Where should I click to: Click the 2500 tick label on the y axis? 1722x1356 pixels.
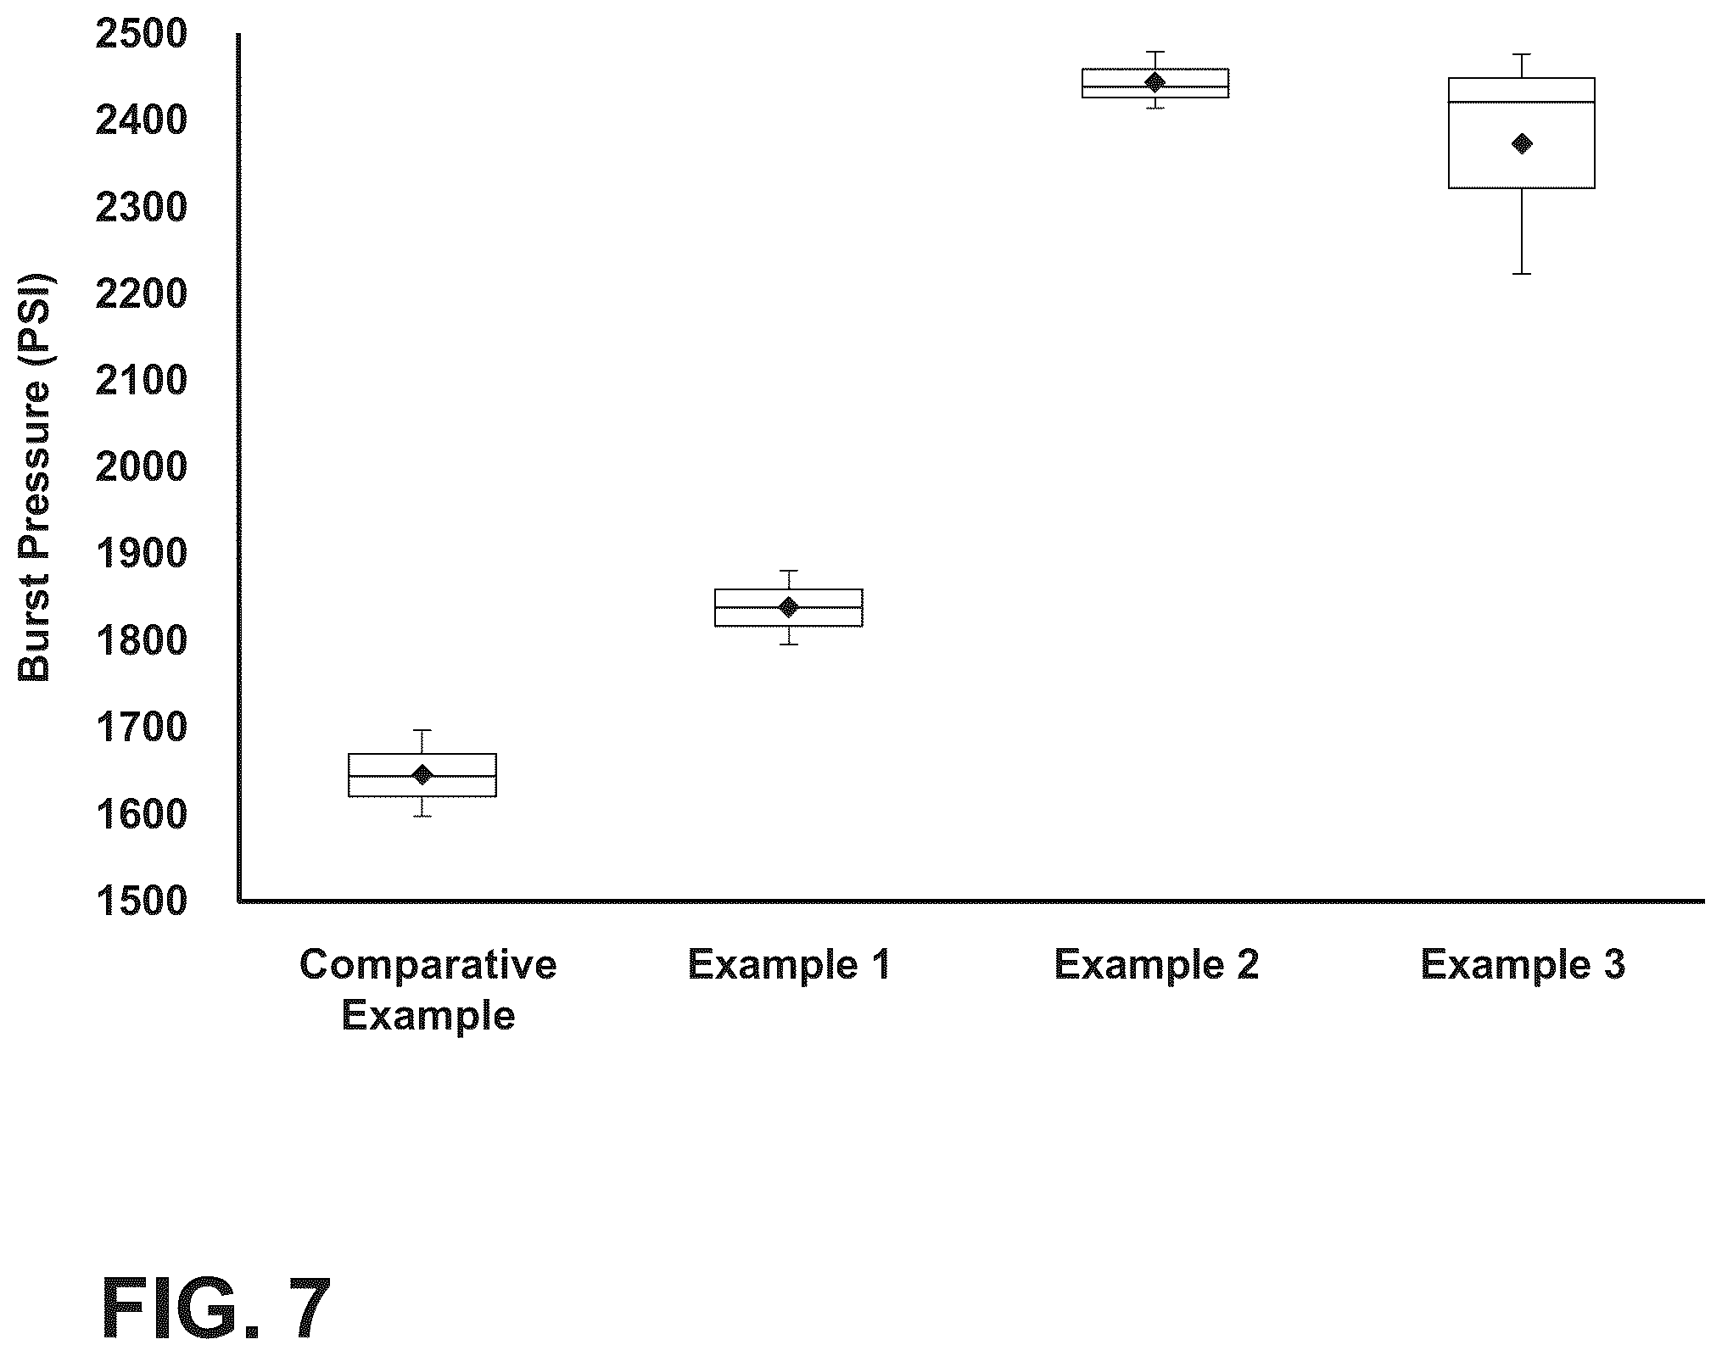[x=141, y=35]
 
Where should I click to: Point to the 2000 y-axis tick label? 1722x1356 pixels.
[x=141, y=467]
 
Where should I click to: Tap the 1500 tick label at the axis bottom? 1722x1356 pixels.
[x=141, y=901]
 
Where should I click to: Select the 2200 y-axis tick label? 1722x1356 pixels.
[x=141, y=294]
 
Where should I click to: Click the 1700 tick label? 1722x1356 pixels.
[x=141, y=728]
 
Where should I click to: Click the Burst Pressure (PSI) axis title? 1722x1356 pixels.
[x=35, y=477]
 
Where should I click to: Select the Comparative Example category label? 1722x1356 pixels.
[x=428, y=990]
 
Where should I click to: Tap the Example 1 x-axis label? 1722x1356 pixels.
[x=789, y=965]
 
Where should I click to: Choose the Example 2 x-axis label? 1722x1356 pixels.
[x=1156, y=965]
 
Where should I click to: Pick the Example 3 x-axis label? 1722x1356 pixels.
[x=1523, y=965]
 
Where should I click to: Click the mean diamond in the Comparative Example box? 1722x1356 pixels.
[x=422, y=774]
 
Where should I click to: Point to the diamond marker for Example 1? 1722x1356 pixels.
[x=789, y=607]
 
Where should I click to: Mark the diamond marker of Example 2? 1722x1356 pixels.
[x=1155, y=82]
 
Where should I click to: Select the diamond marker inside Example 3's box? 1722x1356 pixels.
[x=1522, y=144]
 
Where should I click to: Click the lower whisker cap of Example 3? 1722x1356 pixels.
[x=1522, y=274]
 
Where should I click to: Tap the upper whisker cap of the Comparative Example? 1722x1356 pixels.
[x=422, y=730]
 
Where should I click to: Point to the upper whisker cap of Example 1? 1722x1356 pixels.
[x=789, y=571]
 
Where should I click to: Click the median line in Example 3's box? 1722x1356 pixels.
[x=1522, y=103]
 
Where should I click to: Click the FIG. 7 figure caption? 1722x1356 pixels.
[x=216, y=1309]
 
